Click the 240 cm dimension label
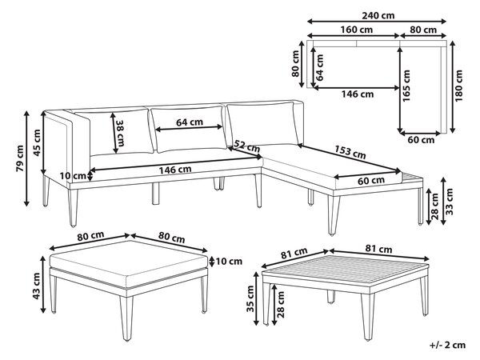click(x=378, y=15)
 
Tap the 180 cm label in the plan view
click(x=459, y=86)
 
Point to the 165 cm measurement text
click(x=406, y=86)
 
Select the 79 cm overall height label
click(x=20, y=158)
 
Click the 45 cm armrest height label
click(x=37, y=143)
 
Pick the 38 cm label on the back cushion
click(x=120, y=133)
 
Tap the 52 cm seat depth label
click(x=247, y=146)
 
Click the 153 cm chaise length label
click(x=350, y=152)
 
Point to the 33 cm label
click(x=450, y=202)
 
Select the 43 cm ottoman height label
click(x=37, y=286)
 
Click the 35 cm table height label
click(x=250, y=298)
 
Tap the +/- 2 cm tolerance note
click(x=447, y=345)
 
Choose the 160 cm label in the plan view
click(x=357, y=30)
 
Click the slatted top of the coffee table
click(x=346, y=269)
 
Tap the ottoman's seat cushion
click(x=129, y=263)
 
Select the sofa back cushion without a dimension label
click(x=263, y=124)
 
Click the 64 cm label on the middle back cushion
click(x=190, y=122)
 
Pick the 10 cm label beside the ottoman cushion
click(x=229, y=262)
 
